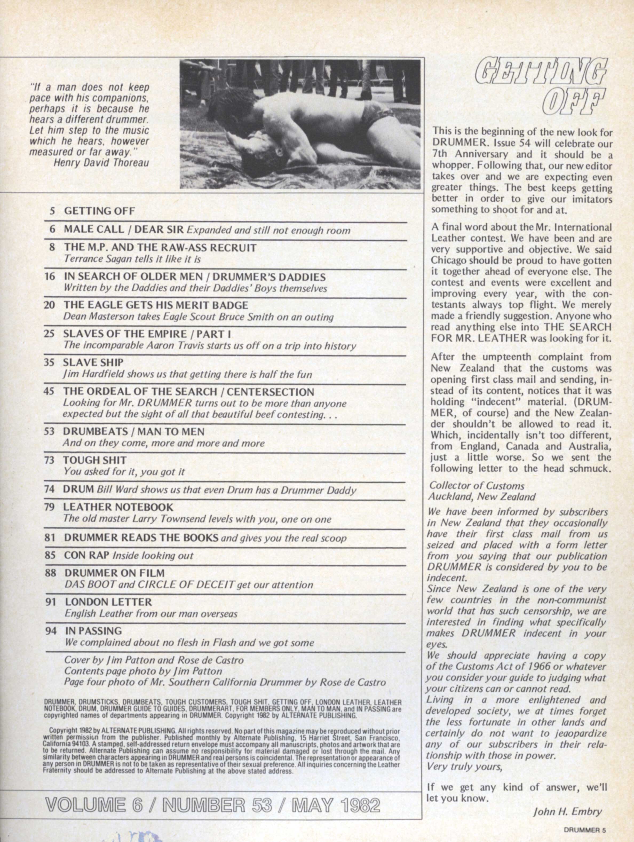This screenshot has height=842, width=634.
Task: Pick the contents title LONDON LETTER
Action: (x=108, y=602)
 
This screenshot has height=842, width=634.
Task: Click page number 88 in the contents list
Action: (x=51, y=573)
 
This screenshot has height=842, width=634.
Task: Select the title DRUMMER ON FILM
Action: (x=114, y=573)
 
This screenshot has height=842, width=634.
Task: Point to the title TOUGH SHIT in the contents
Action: (x=95, y=460)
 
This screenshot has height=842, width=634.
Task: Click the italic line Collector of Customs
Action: (x=477, y=486)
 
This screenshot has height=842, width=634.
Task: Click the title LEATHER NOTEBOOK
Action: (x=118, y=507)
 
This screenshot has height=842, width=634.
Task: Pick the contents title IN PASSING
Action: (x=94, y=631)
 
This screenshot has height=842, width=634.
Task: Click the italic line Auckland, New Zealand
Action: (x=482, y=497)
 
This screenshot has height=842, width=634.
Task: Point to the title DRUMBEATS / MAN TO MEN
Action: (x=134, y=431)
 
